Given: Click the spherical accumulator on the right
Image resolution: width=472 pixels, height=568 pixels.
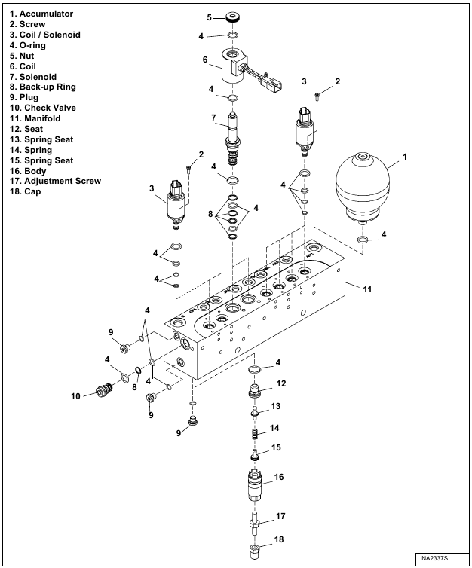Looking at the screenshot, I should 363,185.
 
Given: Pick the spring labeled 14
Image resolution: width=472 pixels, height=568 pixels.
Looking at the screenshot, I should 256,435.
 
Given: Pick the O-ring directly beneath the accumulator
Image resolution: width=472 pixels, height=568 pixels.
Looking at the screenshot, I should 363,240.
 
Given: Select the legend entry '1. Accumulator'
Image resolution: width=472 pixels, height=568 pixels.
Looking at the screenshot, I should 42,14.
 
